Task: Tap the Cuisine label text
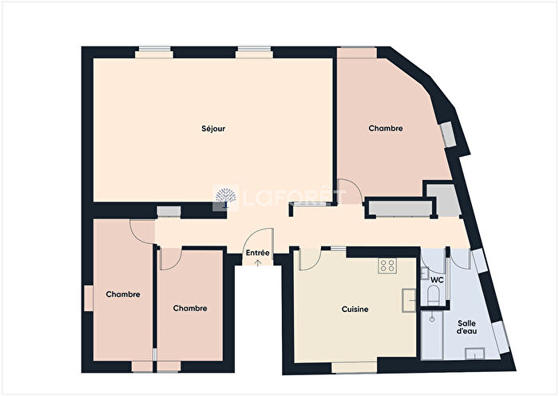pos(355,308)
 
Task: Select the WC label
pos(437,281)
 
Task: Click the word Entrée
pos(257,254)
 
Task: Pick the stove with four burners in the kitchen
pos(388,265)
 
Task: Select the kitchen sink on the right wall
pos(410,300)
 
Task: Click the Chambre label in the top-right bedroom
pos(385,128)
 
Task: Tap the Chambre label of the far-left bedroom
pos(123,294)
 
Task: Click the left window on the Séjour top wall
pos(153,53)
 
